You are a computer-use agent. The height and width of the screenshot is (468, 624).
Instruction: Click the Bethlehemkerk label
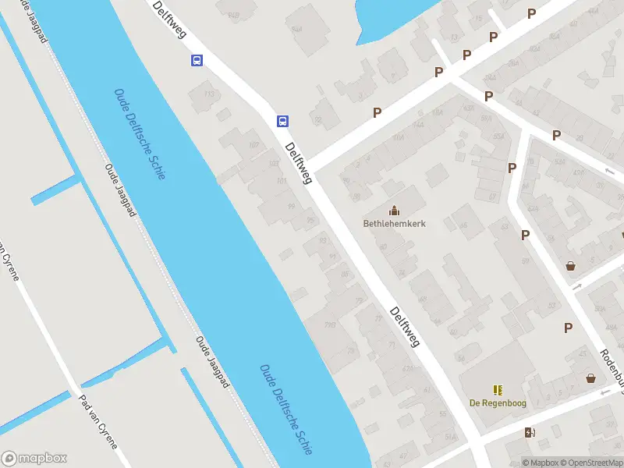click(x=394, y=223)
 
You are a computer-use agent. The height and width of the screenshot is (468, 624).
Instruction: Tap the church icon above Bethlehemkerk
click(x=394, y=210)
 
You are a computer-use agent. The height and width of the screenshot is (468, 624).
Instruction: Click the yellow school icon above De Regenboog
click(x=497, y=389)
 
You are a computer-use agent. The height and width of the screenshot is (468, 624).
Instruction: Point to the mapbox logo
click(x=34, y=458)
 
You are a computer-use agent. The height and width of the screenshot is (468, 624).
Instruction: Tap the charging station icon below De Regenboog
click(x=530, y=433)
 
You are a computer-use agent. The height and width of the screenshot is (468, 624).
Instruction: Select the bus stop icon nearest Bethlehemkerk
click(x=282, y=121)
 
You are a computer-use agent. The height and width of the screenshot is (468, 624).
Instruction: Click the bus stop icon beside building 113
click(x=197, y=61)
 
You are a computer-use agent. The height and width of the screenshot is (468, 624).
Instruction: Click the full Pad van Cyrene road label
click(x=98, y=422)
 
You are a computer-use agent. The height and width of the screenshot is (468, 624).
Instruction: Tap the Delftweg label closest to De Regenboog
click(x=406, y=326)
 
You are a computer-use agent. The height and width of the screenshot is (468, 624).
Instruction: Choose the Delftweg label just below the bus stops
click(x=299, y=163)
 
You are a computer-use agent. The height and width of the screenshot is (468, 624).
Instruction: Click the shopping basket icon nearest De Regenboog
click(x=591, y=378)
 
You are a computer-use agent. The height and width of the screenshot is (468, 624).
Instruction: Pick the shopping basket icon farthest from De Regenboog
click(x=571, y=265)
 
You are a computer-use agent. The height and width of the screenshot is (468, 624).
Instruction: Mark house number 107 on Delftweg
click(x=253, y=146)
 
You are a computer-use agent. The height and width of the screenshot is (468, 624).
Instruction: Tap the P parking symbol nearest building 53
click(x=569, y=328)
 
